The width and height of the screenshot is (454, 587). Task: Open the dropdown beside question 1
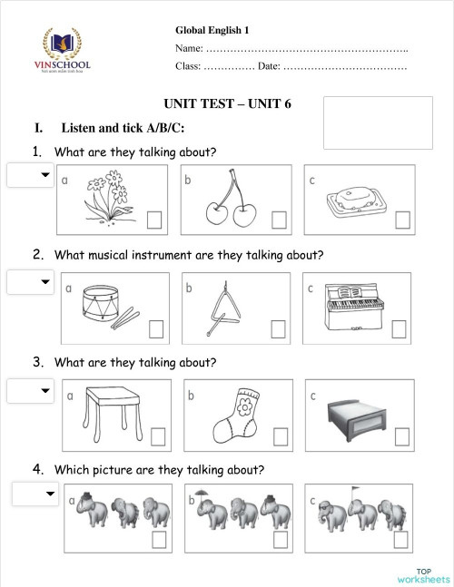coord(30,175)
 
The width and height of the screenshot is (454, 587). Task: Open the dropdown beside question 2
coord(30,282)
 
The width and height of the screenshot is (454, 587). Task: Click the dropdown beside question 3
coord(30,391)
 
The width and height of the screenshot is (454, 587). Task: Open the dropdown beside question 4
coord(35,494)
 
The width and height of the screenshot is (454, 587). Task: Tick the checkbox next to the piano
coord(400,328)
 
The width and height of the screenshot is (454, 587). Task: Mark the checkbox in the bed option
coord(400,437)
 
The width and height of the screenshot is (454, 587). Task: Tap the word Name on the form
coord(188,47)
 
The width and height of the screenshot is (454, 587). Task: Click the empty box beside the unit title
coord(378,123)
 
